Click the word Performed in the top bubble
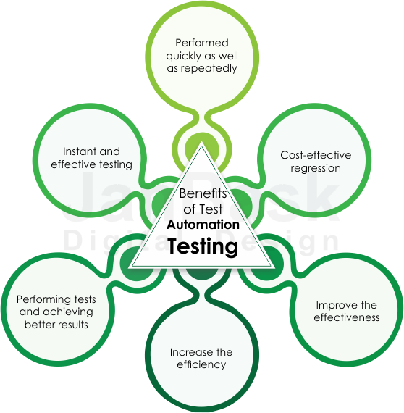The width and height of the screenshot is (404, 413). click(x=202, y=43)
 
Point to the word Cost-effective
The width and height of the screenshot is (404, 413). click(x=316, y=155)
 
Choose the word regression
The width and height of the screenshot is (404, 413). click(x=316, y=169)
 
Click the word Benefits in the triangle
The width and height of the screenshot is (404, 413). click(x=203, y=193)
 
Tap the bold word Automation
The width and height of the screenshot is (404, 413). click(x=203, y=225)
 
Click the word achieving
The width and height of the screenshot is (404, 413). click(x=68, y=312)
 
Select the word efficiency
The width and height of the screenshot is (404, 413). click(x=201, y=364)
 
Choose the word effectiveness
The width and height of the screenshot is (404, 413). click(x=347, y=317)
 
